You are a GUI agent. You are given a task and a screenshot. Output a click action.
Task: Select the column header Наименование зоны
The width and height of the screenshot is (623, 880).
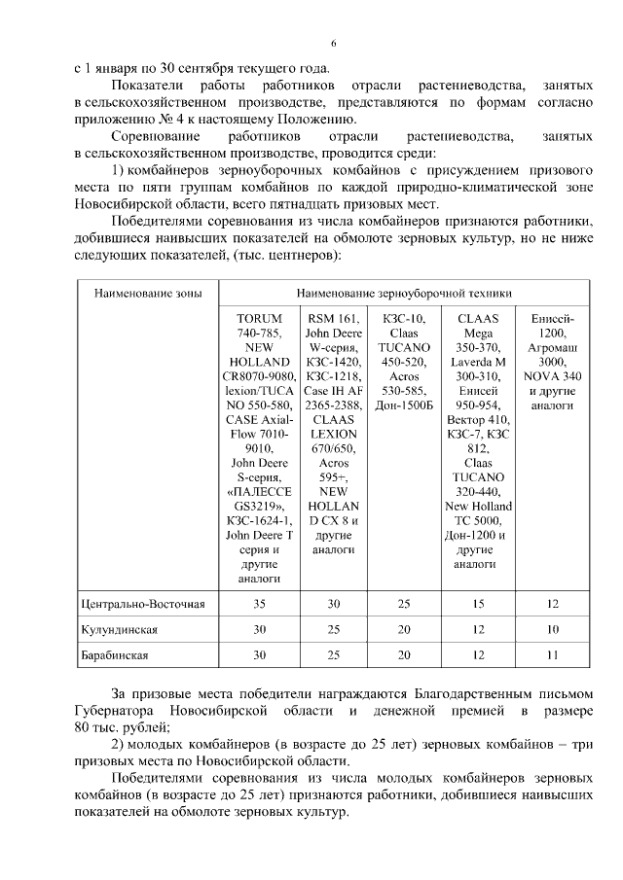click(x=139, y=291)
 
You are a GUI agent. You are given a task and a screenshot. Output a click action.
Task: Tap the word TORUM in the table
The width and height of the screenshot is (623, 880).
click(x=259, y=318)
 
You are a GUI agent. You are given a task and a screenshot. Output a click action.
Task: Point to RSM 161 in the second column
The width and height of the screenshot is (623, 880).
click(x=332, y=318)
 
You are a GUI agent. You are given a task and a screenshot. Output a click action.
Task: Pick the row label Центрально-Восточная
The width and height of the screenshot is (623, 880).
click(x=143, y=605)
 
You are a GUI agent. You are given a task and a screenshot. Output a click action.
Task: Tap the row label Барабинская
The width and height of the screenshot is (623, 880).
click(x=115, y=655)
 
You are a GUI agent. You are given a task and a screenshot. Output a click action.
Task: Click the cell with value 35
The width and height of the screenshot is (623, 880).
click(x=259, y=605)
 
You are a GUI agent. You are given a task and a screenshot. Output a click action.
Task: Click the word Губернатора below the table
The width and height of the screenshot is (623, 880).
click(x=116, y=713)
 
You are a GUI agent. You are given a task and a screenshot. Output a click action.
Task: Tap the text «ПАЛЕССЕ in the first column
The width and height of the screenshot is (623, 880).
click(x=259, y=493)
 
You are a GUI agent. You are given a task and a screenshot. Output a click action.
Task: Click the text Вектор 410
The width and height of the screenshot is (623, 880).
click(x=477, y=419)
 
